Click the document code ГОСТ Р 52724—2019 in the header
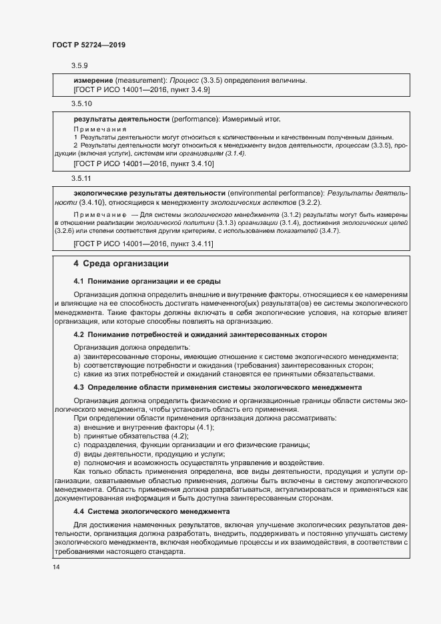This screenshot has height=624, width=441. coord(89,45)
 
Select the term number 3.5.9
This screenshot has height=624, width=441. coord(79,65)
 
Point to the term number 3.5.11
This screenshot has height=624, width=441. coord(81,179)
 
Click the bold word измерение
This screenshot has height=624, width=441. coord(93,80)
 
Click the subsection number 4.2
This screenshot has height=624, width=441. coord(79,334)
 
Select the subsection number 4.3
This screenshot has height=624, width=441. coord(79,387)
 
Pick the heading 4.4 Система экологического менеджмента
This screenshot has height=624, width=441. coord(152,511)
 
